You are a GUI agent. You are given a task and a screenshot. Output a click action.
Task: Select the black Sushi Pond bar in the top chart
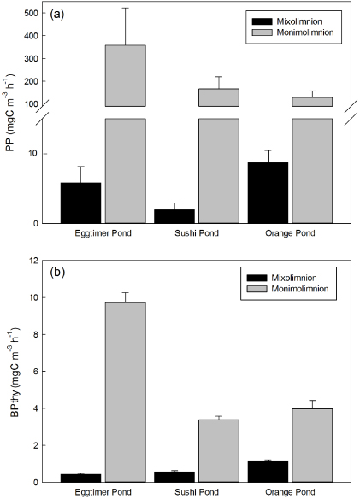click(x=174, y=216)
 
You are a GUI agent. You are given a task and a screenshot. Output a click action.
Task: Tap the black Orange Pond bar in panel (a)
click(x=268, y=193)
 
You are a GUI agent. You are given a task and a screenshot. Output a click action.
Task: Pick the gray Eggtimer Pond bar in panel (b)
click(x=123, y=393)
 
